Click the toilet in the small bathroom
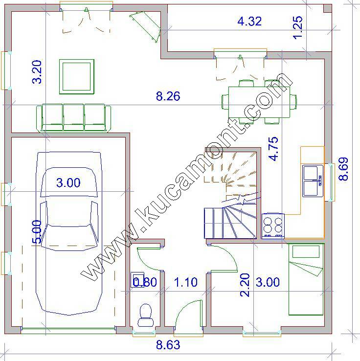(x=146, y=315)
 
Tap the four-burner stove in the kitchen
(x=273, y=226)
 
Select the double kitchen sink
(x=313, y=180)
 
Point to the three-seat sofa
(x=74, y=118)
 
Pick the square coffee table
(x=77, y=77)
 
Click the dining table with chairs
(x=259, y=102)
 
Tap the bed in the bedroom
(x=306, y=279)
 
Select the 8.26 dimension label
(x=168, y=96)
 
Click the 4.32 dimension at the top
(x=249, y=22)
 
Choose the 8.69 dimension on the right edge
(x=343, y=169)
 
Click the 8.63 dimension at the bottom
(x=168, y=345)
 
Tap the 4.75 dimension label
(x=273, y=149)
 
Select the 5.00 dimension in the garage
(x=37, y=231)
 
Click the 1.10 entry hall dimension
(x=185, y=282)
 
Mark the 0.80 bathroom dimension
(x=145, y=282)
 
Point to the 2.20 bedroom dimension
(x=245, y=285)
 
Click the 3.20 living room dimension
(x=37, y=72)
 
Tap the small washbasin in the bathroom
(x=137, y=279)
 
